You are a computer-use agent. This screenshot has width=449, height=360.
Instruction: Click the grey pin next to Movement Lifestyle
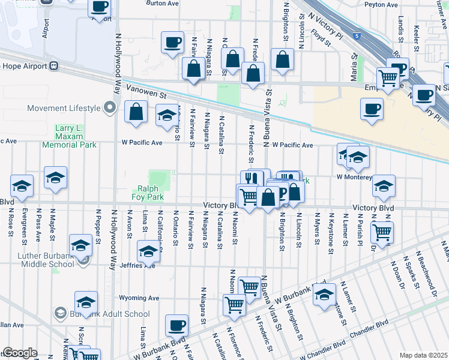click(x=109, y=108)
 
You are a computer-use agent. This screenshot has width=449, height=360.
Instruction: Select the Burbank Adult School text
click(x=109, y=314)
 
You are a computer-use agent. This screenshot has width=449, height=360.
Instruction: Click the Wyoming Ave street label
click(x=139, y=298)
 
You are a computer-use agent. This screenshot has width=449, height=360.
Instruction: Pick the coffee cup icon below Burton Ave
click(x=173, y=43)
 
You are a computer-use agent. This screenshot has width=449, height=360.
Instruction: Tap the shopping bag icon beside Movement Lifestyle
click(x=137, y=112)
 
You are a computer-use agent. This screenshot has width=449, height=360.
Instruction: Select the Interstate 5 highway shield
click(x=358, y=36)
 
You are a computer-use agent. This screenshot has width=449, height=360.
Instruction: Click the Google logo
click(x=20, y=353)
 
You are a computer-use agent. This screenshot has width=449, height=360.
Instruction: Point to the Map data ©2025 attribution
click(x=424, y=355)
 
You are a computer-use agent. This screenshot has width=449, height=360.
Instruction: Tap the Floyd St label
click(x=320, y=39)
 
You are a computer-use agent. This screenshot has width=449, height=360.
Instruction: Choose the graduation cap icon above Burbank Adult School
click(x=86, y=302)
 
